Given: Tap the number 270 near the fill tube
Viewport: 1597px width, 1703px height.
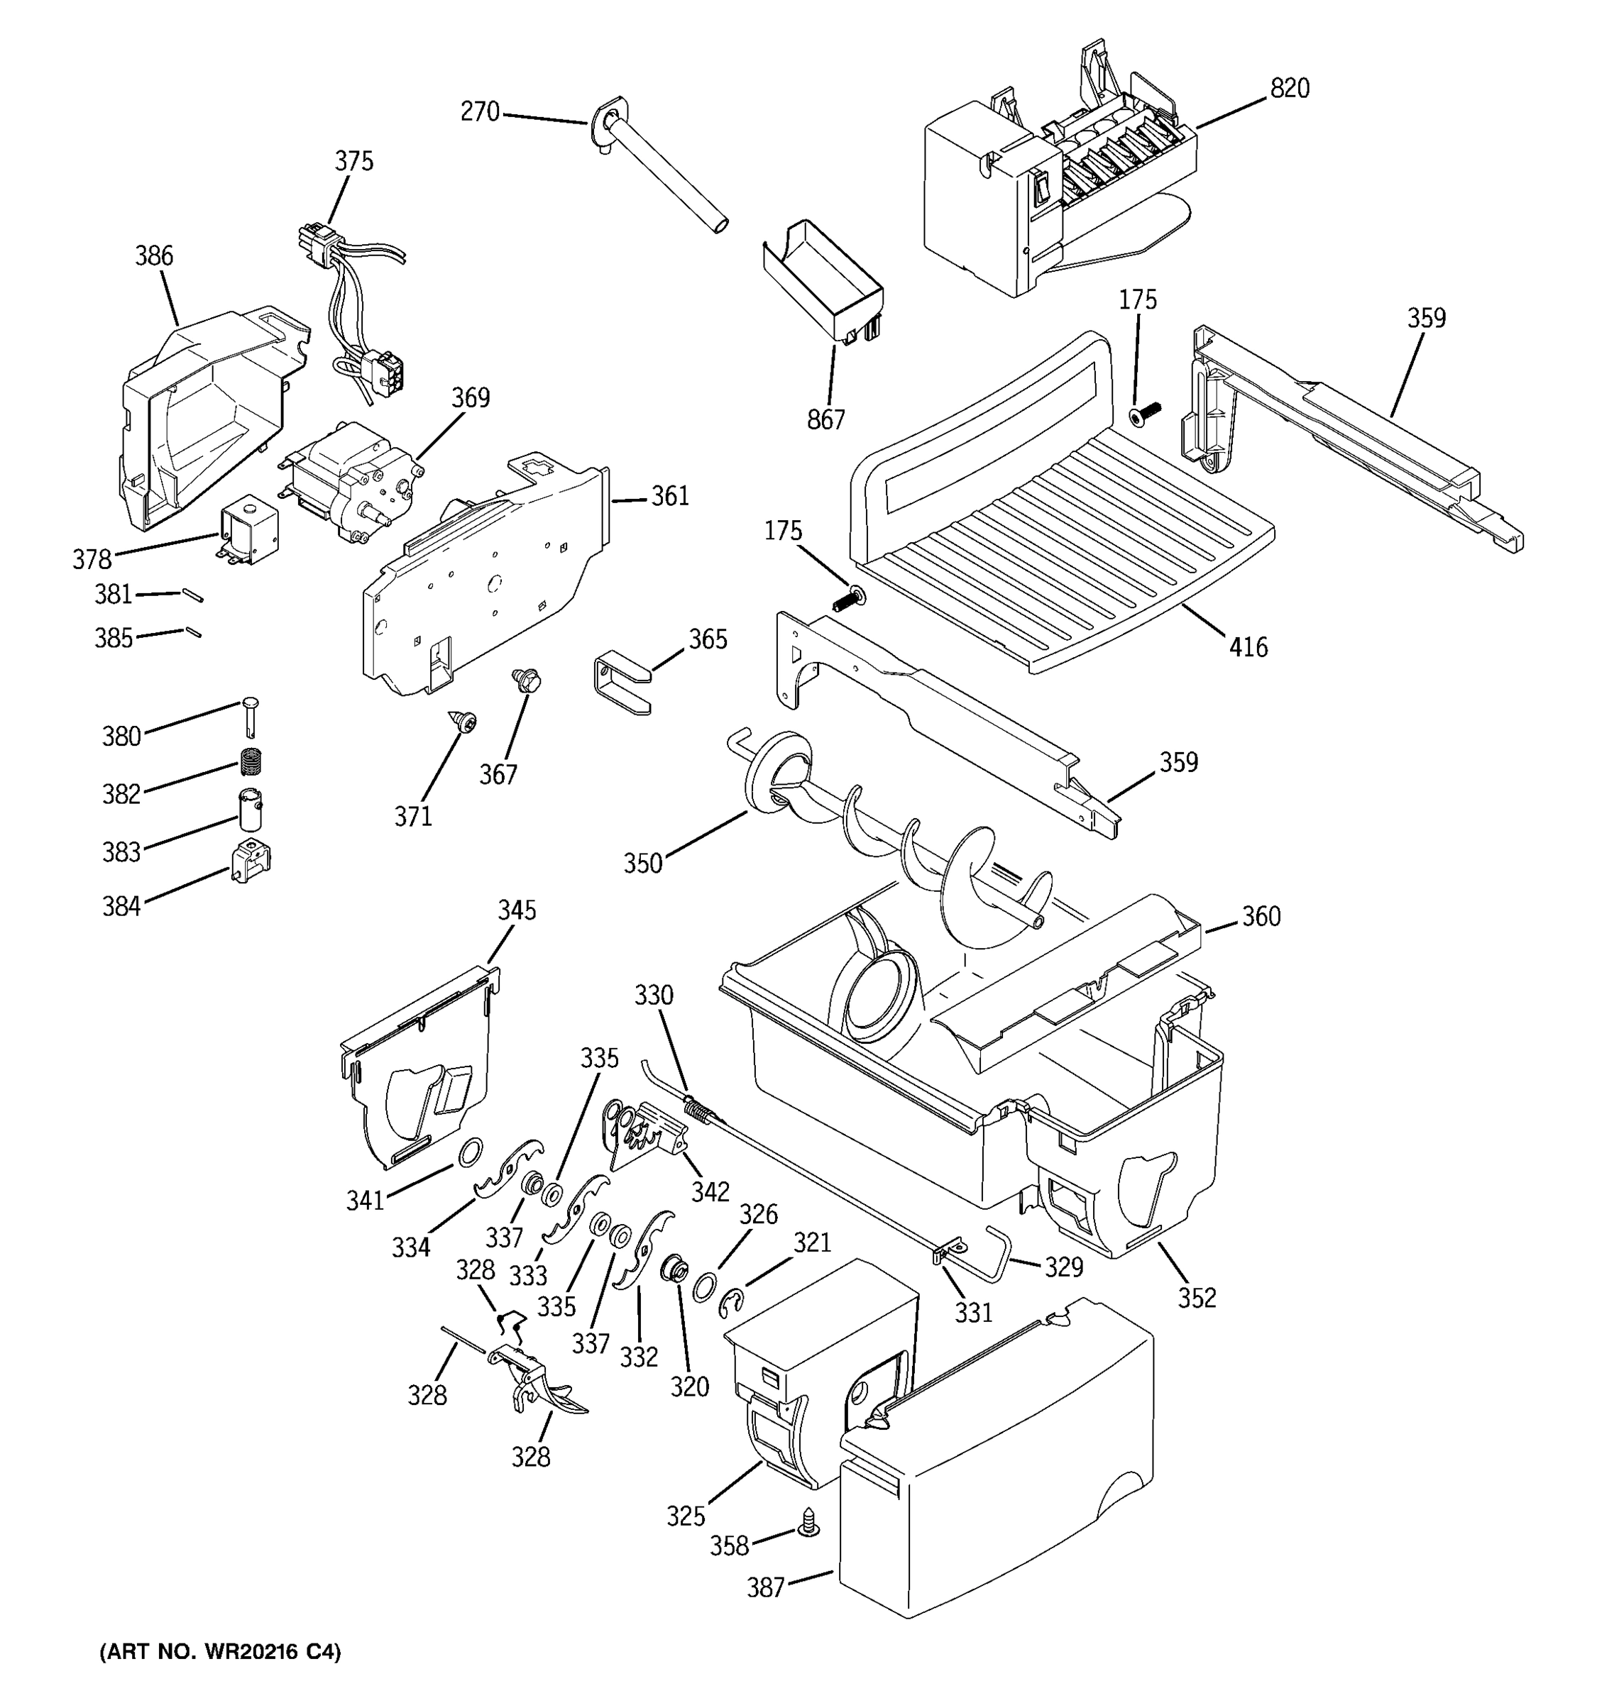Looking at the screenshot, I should pyautogui.click(x=480, y=111).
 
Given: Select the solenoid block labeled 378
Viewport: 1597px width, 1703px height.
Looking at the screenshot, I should pyautogui.click(x=248, y=536).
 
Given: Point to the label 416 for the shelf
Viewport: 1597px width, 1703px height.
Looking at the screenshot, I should pyautogui.click(x=1248, y=646).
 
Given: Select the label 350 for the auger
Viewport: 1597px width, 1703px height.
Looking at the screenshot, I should pyautogui.click(x=642, y=863).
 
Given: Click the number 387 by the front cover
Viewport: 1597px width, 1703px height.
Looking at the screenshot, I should pyautogui.click(x=765, y=1587).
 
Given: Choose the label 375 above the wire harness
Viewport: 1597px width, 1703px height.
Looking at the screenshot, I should pyautogui.click(x=354, y=161).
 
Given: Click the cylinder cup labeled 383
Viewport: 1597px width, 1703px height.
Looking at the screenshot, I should pyautogui.click(x=250, y=810).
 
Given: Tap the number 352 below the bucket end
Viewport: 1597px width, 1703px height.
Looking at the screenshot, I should pyautogui.click(x=1196, y=1297).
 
